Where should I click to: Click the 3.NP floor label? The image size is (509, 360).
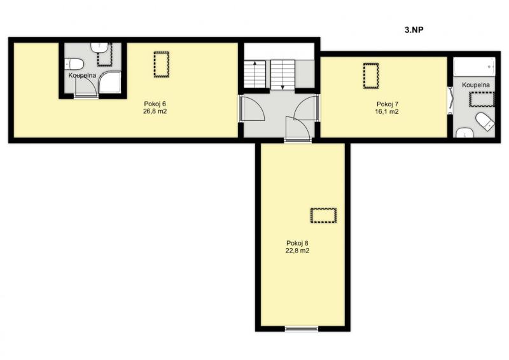(414, 30)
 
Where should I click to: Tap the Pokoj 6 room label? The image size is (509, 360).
(155, 104)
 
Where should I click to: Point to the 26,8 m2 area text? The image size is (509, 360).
(155, 111)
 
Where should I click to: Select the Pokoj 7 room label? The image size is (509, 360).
(387, 104)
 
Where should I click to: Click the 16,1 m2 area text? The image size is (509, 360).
(387, 112)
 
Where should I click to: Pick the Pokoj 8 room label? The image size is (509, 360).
(297, 243)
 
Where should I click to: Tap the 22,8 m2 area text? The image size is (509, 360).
(297, 251)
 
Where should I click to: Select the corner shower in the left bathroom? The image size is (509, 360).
(109, 83)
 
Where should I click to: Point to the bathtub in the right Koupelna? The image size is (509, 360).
(474, 67)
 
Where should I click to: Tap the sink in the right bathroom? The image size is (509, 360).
(464, 133)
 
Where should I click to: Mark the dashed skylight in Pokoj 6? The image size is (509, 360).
(162, 64)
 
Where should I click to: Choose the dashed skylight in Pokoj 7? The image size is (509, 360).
(371, 76)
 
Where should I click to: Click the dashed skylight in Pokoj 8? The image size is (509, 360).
(323, 215)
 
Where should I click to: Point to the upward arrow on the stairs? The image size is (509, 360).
(255, 74)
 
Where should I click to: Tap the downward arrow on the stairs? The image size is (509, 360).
(282, 74)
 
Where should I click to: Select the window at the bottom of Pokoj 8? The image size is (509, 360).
(302, 329)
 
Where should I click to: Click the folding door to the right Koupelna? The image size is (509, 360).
(450, 100)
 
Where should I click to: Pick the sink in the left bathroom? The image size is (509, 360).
(99, 48)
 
